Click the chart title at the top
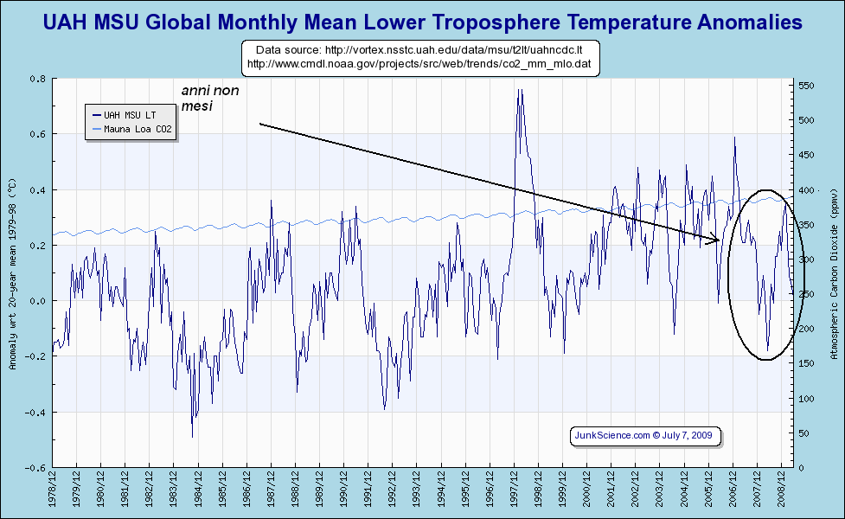click(422, 20)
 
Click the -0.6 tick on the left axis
click(38, 468)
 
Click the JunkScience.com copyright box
click(641, 435)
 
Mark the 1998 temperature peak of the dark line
click(519, 90)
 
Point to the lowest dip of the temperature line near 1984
click(193, 437)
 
